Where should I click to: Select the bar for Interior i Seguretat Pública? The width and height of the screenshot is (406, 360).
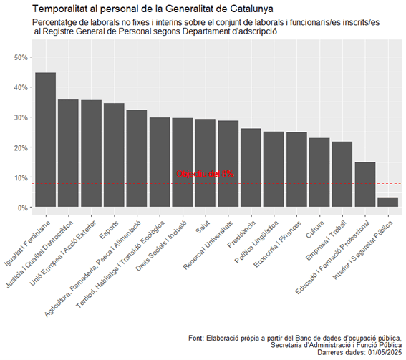click(x=387, y=203)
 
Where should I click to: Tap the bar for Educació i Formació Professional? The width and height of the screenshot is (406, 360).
click(x=364, y=185)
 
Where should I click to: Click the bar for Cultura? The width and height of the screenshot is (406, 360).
click(x=319, y=172)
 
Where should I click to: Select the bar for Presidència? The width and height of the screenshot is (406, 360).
click(x=251, y=167)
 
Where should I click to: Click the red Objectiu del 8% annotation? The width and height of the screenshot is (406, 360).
click(x=205, y=174)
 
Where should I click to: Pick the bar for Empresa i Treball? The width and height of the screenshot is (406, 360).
click(x=342, y=175)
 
